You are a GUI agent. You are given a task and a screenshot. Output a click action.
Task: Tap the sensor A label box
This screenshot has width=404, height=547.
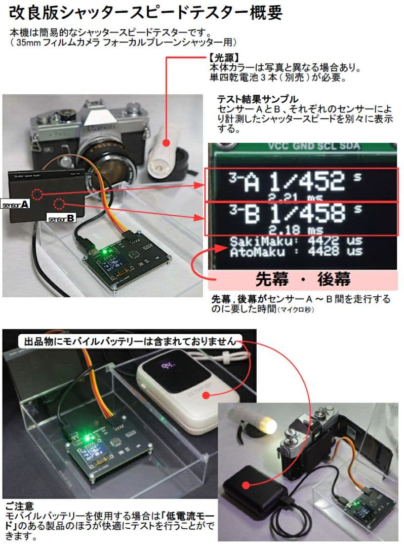point(16,205)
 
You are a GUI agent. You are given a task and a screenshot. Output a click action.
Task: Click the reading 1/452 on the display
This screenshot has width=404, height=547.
point(303,181)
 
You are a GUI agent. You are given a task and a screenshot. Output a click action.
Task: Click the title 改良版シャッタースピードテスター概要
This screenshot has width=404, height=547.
point(146,13)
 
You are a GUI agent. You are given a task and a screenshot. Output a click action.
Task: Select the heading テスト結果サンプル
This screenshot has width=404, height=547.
point(257,99)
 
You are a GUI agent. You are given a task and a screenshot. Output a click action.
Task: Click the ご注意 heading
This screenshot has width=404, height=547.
point(20,505)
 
